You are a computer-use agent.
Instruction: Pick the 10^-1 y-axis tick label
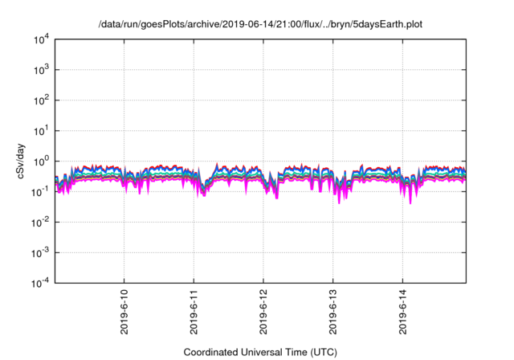click(x=42, y=190)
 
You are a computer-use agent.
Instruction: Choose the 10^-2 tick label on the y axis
click(x=42, y=221)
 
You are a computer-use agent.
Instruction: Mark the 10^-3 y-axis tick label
click(x=42, y=252)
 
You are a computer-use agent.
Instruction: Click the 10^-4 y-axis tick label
click(x=42, y=282)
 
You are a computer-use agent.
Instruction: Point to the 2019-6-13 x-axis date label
click(x=333, y=309)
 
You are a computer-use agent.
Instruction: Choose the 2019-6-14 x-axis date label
click(x=403, y=309)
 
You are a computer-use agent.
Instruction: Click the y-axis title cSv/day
click(x=10, y=161)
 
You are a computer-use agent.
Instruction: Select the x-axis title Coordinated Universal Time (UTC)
click(x=260, y=352)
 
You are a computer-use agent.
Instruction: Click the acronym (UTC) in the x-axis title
click(x=321, y=352)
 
